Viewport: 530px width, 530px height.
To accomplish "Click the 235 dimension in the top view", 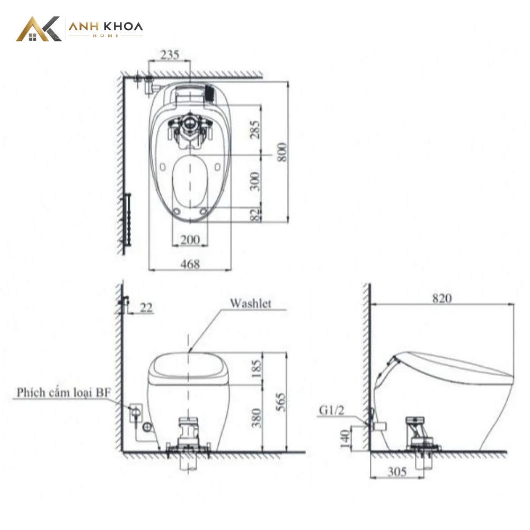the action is [x=170, y=55].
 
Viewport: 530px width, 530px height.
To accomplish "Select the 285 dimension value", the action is [x=255, y=129].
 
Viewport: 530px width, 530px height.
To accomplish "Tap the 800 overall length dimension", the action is [x=282, y=152].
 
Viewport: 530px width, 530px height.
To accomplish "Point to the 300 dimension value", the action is [x=255, y=181].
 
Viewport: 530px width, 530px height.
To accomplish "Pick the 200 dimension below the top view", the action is [x=190, y=240].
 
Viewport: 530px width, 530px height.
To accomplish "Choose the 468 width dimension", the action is [x=190, y=264].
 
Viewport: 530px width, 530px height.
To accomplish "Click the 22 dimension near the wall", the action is [x=146, y=307].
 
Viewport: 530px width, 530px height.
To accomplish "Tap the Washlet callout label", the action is [x=251, y=303].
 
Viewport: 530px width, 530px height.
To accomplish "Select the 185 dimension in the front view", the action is [x=257, y=369].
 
